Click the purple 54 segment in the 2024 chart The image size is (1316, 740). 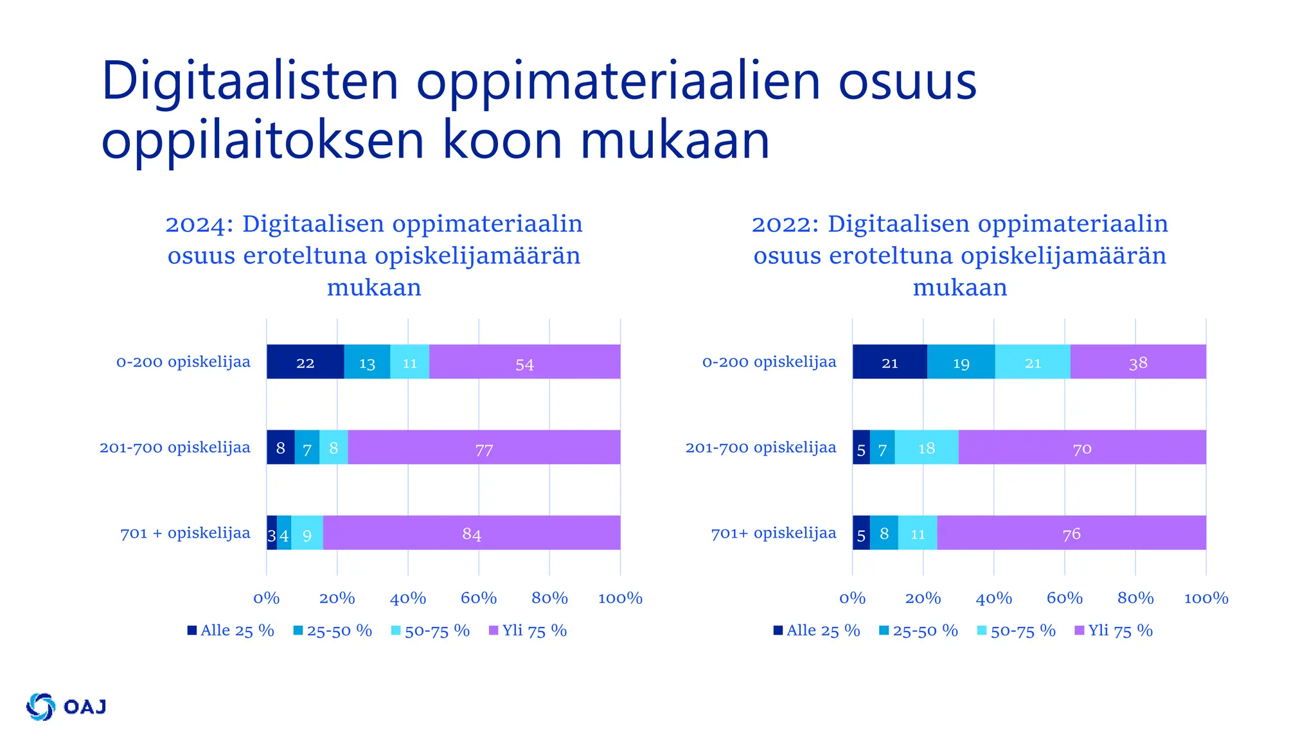pyautogui.click(x=524, y=362)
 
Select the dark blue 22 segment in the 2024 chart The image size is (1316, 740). pyautogui.click(x=305, y=362)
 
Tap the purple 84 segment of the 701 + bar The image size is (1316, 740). pyautogui.click(x=471, y=533)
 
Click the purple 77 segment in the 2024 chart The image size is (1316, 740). pyautogui.click(x=484, y=447)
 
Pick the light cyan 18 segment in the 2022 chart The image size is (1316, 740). pyautogui.click(x=926, y=447)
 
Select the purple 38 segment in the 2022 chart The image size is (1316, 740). pyautogui.click(x=1138, y=362)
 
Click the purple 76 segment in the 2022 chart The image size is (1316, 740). pyautogui.click(x=1071, y=533)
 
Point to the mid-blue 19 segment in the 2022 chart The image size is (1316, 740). pyautogui.click(x=961, y=362)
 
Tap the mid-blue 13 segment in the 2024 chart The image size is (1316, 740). pyautogui.click(x=367, y=362)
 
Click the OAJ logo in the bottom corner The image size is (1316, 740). pyautogui.click(x=66, y=707)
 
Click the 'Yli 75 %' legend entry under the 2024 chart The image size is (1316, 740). pyautogui.click(x=528, y=631)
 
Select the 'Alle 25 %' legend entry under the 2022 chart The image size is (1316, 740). pyautogui.click(x=817, y=631)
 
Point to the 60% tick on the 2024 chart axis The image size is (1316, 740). pyautogui.click(x=479, y=598)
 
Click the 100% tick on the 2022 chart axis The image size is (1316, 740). pyautogui.click(x=1205, y=598)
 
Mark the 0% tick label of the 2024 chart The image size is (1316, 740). pyautogui.click(x=266, y=598)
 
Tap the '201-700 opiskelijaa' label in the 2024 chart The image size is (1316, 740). pyautogui.click(x=175, y=447)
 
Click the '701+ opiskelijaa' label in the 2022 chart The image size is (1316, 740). pyautogui.click(x=774, y=533)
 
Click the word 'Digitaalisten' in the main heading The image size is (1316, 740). pyautogui.click(x=250, y=82)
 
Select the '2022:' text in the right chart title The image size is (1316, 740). pyautogui.click(x=785, y=224)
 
